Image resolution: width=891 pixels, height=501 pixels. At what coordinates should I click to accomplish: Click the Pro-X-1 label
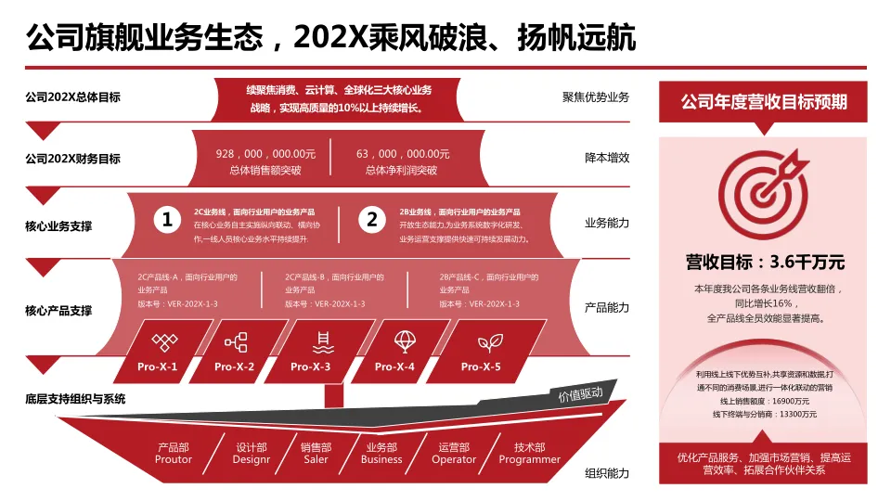click(157, 366)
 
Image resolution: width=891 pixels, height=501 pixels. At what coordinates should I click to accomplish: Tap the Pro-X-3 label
click(310, 366)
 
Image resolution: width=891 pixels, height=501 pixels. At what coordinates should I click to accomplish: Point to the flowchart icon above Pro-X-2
click(236, 342)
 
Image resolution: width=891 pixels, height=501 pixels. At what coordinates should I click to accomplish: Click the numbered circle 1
click(167, 219)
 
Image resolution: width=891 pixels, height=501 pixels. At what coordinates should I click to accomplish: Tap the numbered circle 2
click(372, 219)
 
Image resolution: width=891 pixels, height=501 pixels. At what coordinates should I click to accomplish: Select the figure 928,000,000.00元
click(265, 154)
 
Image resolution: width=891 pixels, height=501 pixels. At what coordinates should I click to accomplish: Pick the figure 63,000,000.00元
click(403, 154)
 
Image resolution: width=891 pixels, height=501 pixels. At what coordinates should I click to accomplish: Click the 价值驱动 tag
click(580, 394)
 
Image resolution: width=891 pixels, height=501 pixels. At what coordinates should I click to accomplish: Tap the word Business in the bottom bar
click(381, 459)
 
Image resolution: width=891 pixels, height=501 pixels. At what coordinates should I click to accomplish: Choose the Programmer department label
click(529, 459)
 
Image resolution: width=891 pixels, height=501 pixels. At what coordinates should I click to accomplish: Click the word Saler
click(316, 459)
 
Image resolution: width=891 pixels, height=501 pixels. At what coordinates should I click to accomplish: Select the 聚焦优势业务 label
click(596, 97)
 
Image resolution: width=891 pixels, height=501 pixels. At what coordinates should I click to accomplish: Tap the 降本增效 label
click(607, 158)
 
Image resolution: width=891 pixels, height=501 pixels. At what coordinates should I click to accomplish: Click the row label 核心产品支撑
click(58, 311)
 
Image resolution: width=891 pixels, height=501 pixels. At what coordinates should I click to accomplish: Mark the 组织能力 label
click(607, 473)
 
